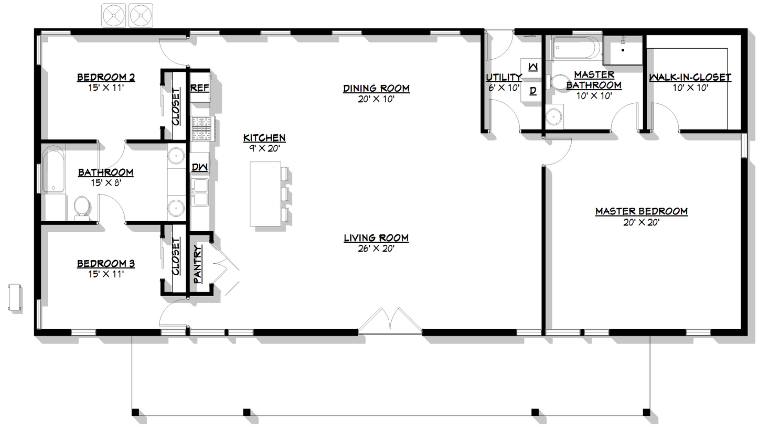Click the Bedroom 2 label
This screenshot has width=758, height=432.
tap(105, 78)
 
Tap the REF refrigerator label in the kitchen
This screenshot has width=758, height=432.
tap(199, 88)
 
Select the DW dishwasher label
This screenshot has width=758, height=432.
tap(199, 167)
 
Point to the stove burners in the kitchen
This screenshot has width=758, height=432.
tap(201, 128)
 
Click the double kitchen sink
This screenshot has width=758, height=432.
tap(200, 192)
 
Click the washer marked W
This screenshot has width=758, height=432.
tap(532, 67)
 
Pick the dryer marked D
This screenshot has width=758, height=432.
tap(532, 91)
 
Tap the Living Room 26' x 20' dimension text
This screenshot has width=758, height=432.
tap(376, 249)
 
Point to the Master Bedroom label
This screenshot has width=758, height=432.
tap(641, 211)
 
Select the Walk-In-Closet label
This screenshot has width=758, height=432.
tap(689, 78)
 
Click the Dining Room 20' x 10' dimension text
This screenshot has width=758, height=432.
tap(376, 99)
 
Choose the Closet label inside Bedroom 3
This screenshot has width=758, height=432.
tap(176, 257)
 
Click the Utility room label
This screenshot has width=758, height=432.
tap(503, 78)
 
